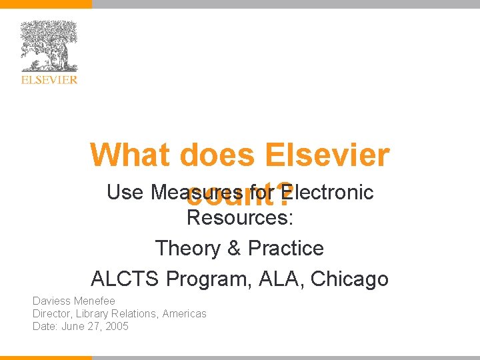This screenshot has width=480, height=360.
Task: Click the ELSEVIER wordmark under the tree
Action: (49, 80)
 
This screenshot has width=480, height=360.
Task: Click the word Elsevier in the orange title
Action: (327, 155)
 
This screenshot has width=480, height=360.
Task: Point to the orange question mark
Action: (285, 194)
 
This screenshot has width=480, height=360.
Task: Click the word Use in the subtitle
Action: (125, 192)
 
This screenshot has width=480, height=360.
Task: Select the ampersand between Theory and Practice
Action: (234, 248)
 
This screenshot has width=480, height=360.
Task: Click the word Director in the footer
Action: (51, 313)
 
